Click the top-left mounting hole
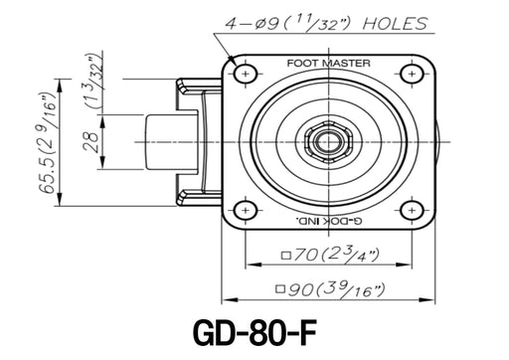(246, 74)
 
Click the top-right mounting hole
(412, 74)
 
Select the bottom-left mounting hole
(246, 210)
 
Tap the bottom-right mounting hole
(412, 210)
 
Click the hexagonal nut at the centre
(328, 142)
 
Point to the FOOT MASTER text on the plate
(328, 63)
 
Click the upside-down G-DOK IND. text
(328, 220)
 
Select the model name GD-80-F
(254, 332)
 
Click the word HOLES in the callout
(395, 24)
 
